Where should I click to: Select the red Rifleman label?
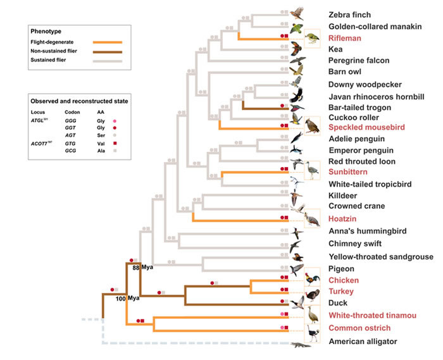pos(345,38)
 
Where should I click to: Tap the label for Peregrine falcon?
pos(358,61)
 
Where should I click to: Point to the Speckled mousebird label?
pos(361,127)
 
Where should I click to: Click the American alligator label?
pos(363,342)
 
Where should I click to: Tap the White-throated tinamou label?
pos(368,315)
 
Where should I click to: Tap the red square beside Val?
pos(115,144)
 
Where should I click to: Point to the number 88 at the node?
pos(136,268)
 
